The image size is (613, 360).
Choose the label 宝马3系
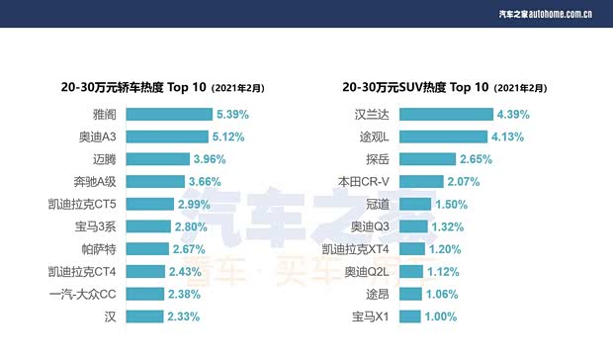(x=97, y=226)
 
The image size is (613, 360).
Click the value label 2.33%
(x=183, y=316)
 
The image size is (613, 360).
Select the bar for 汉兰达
(x=445, y=115)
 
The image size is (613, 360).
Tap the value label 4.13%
(x=506, y=137)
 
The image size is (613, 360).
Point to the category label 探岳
(x=379, y=159)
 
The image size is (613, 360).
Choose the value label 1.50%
(x=451, y=205)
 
